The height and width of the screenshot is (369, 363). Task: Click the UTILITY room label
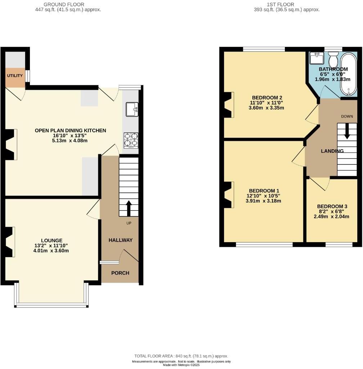pos(15,76)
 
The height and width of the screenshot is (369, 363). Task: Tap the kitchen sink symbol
pos(132,109)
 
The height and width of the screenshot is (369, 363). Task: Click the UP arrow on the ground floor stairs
pos(128,208)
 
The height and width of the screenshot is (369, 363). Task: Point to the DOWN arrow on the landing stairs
pos(347,131)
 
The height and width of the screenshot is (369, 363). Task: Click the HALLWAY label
pos(121,240)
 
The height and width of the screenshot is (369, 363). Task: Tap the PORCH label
pos(120,273)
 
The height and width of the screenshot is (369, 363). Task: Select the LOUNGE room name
pos(51,240)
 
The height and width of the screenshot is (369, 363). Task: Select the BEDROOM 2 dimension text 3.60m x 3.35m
pos(266,108)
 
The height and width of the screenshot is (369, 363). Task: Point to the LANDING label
pos(332,151)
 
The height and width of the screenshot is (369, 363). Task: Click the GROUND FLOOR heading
pos(64,4)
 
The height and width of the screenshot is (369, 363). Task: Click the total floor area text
pos(181,356)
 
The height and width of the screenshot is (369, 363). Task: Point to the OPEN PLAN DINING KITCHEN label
pos(70,130)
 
